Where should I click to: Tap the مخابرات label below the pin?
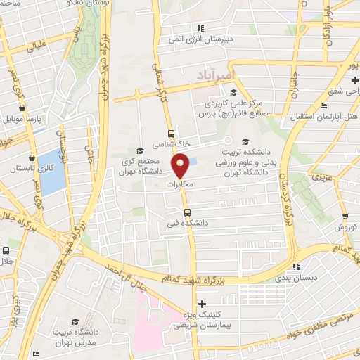tap(179, 184)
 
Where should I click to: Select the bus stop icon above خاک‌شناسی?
tap(172, 133)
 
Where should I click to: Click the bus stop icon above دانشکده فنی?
tap(187, 212)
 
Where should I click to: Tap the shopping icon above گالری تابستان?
tap(32, 158)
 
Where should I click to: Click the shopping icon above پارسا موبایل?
tap(23, 108)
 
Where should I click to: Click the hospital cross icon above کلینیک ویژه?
tap(202, 304)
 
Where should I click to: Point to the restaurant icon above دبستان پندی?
tap(296, 266)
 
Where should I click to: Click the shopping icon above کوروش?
tap(345, 216)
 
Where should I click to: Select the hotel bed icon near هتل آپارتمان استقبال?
tap(323, 105)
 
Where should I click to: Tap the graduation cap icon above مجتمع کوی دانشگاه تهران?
tap(139, 150)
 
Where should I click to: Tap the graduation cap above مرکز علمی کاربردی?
tap(233, 92)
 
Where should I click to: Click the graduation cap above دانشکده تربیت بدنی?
tap(245, 141)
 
